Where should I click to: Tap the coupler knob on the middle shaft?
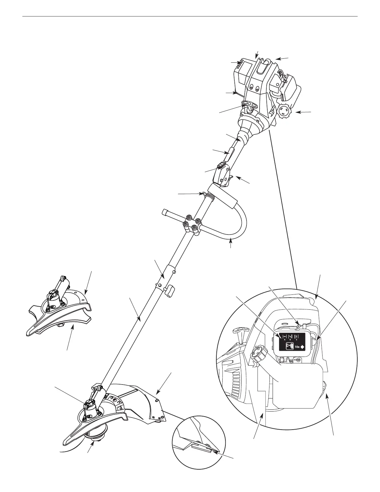170,290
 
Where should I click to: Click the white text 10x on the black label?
297,346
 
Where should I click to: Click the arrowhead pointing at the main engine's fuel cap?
296,112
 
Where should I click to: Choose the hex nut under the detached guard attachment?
60,324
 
